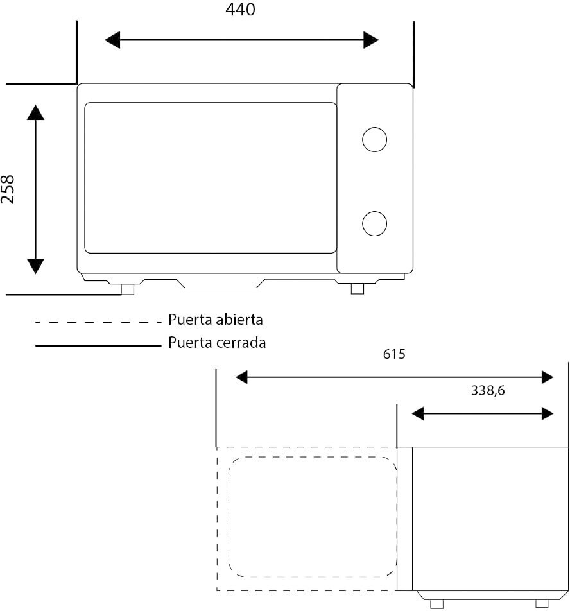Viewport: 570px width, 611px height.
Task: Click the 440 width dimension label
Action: coord(241,10)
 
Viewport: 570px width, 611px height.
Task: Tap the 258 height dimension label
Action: coord(8,189)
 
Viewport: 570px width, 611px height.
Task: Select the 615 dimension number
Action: coord(394,354)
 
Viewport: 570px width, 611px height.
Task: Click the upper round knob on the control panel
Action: coord(374,139)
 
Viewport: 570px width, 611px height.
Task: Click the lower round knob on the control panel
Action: coord(374,223)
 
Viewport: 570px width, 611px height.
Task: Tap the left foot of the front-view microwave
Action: coord(128,289)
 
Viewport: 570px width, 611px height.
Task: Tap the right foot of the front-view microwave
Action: coord(358,289)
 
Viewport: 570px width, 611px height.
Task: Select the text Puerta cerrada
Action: coord(217,342)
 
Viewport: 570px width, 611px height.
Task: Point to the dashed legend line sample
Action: coord(98,322)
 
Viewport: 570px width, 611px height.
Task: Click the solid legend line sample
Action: coord(98,345)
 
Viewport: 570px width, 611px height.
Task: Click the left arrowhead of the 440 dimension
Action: coord(112,40)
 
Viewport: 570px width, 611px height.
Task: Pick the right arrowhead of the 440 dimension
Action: coord(371,40)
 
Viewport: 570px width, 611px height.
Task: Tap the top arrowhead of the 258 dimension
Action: coord(36,112)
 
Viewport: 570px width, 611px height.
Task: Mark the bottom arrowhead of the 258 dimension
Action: coord(36,266)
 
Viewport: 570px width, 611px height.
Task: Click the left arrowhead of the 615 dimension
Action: coord(241,377)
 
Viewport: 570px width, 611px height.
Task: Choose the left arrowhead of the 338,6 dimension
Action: coord(418,414)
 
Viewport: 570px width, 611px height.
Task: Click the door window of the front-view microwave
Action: coord(211,178)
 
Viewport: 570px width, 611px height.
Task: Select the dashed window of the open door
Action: coord(312,517)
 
